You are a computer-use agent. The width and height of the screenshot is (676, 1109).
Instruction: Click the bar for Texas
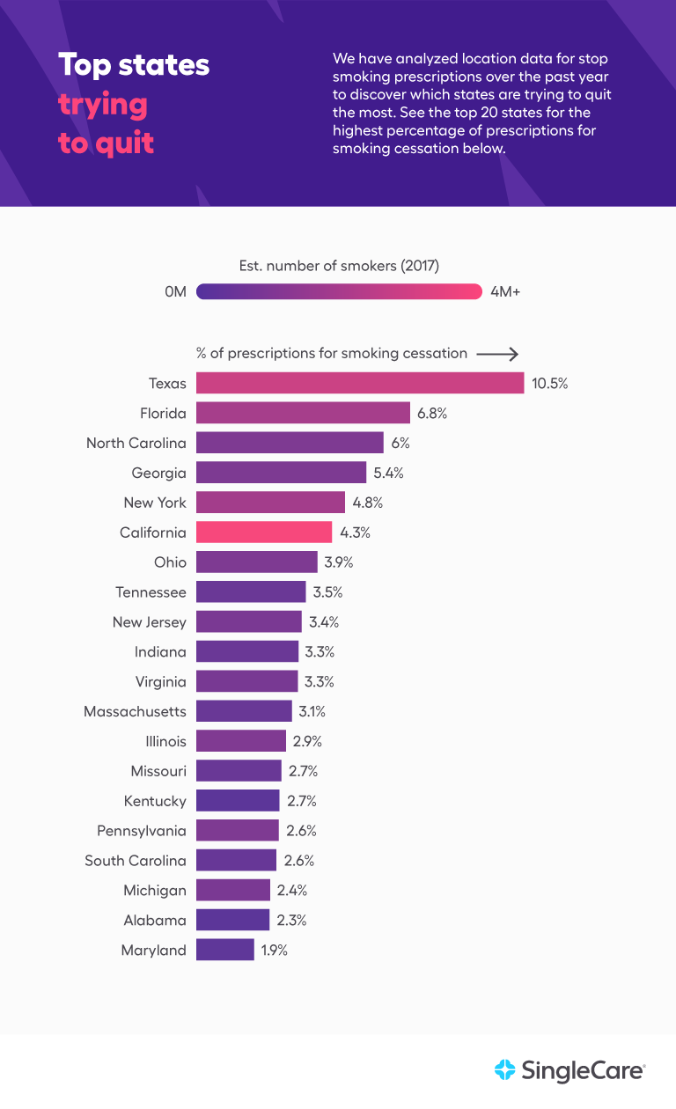pyautogui.click(x=360, y=383)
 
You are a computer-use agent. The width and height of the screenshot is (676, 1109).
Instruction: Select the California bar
pyautogui.click(x=264, y=532)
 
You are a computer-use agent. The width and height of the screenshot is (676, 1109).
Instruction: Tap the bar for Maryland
pyautogui.click(x=225, y=950)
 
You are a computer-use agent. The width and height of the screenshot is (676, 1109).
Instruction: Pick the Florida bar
pyautogui.click(x=303, y=413)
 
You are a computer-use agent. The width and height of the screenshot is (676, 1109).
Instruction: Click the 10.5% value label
pyautogui.click(x=550, y=384)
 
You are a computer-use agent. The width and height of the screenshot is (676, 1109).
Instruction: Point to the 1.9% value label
pyautogui.click(x=275, y=951)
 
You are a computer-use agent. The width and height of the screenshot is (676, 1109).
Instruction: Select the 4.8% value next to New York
pyautogui.click(x=368, y=503)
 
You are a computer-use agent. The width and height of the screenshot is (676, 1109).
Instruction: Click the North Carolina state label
pyautogui.click(x=136, y=443)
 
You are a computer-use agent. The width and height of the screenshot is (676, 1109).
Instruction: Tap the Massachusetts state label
pyautogui.click(x=135, y=711)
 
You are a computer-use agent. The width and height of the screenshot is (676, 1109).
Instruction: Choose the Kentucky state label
pyautogui.click(x=155, y=801)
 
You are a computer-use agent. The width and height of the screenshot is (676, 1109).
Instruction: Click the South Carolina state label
pyautogui.click(x=136, y=861)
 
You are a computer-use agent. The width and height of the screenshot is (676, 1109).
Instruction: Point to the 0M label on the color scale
pyautogui.click(x=175, y=292)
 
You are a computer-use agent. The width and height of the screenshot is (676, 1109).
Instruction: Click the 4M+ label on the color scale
pyautogui.click(x=505, y=292)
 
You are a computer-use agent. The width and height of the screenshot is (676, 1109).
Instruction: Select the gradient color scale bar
pyautogui.click(x=339, y=292)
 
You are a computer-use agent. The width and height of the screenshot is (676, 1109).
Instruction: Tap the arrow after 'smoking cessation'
pyautogui.click(x=497, y=354)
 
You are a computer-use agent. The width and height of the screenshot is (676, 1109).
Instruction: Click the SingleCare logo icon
pyautogui.click(x=505, y=1070)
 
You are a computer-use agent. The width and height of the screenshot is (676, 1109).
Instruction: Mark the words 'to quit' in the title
pyautogui.click(x=107, y=143)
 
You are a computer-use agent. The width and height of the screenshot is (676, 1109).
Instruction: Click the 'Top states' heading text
pyautogui.click(x=134, y=65)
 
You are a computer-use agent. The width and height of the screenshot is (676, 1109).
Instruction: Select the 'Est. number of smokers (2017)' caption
pyautogui.click(x=339, y=266)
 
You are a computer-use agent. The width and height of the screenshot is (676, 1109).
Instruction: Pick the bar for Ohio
pyautogui.click(x=257, y=562)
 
